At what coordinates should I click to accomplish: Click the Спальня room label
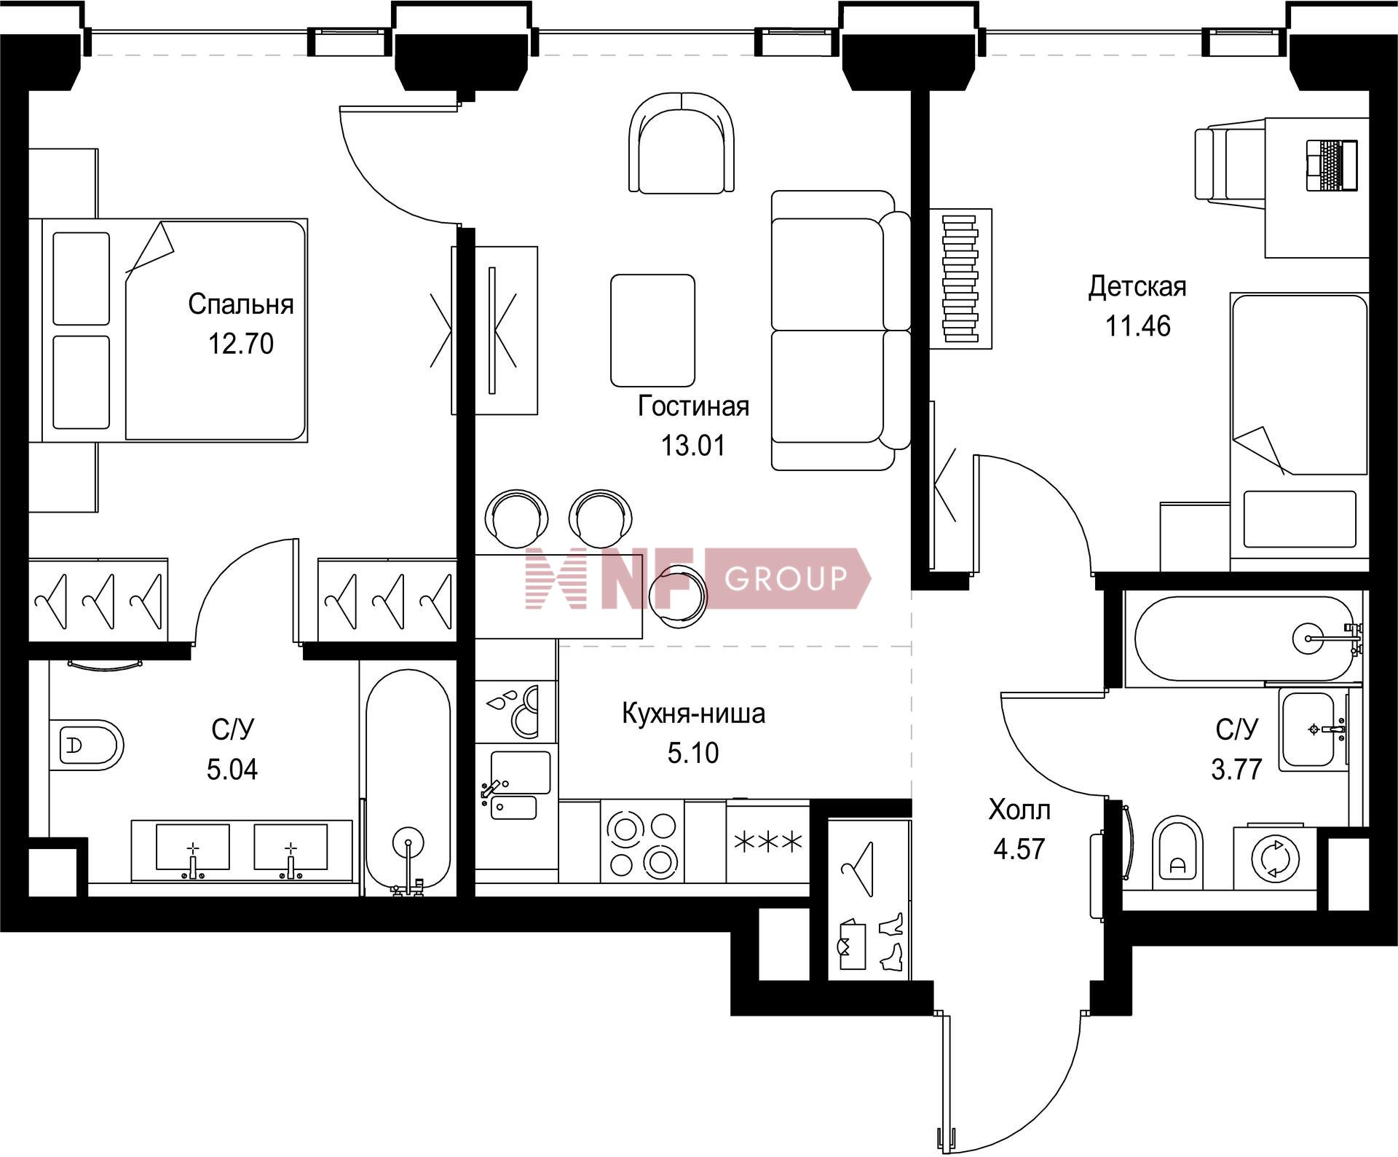[x=240, y=304]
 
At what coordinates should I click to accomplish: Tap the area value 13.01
[x=693, y=445]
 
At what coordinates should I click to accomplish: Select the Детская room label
[x=1137, y=287]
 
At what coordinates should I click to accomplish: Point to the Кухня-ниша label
[x=693, y=714]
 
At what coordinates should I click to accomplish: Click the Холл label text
[x=1019, y=810]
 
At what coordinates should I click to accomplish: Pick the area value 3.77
[x=1236, y=769]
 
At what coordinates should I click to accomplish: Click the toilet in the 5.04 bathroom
[x=87, y=744]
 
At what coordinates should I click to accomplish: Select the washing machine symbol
[x=1274, y=858]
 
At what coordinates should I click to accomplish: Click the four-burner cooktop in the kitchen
[x=643, y=842]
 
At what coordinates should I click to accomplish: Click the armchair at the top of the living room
[x=681, y=143]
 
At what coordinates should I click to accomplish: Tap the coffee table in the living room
[x=652, y=330]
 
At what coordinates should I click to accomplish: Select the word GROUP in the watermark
[x=786, y=578]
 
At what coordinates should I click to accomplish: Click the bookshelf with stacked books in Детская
[x=960, y=279]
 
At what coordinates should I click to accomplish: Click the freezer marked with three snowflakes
[x=768, y=842]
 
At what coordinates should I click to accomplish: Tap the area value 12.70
[x=241, y=343]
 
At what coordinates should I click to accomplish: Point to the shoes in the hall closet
[x=891, y=942]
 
